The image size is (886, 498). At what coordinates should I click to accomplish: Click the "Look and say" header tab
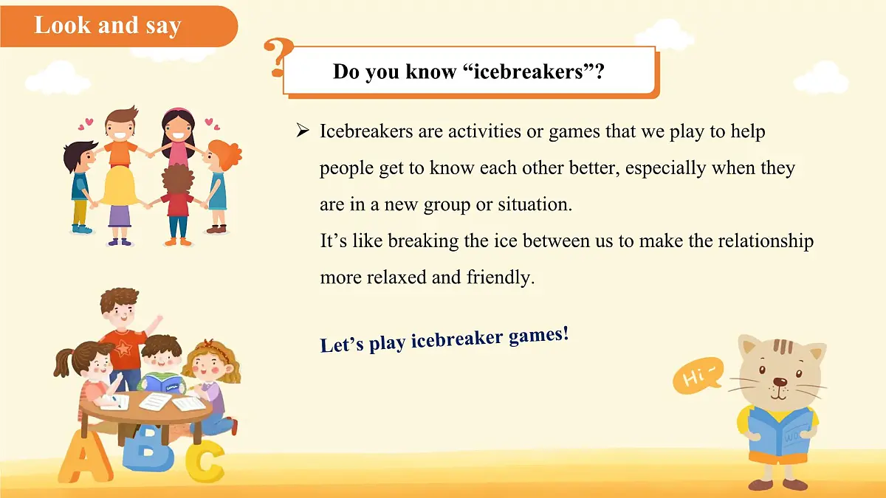point(108,26)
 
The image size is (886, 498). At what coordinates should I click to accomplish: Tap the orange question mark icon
point(278,57)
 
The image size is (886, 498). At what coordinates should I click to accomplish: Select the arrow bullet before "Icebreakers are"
point(302,131)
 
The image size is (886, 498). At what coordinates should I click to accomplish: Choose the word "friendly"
point(500,277)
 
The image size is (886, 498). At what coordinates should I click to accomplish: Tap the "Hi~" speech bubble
point(698,378)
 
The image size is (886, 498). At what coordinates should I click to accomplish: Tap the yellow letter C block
point(204,460)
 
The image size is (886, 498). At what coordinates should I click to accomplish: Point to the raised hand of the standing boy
point(156,321)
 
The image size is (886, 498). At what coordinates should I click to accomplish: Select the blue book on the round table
point(163,383)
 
